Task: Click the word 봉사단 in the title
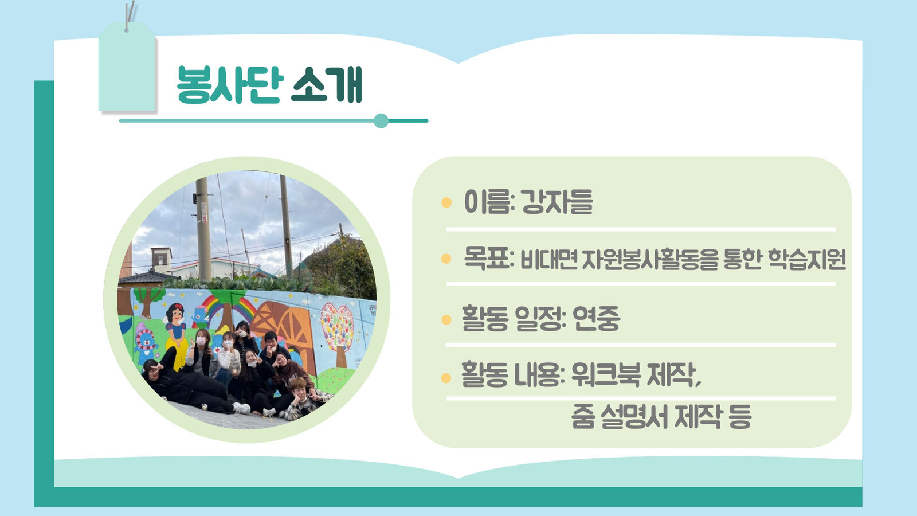(230, 84)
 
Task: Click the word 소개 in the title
(327, 84)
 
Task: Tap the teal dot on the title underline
(381, 121)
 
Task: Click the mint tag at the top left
(127, 67)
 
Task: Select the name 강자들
(557, 202)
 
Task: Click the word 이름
(488, 202)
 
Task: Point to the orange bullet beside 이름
(446, 202)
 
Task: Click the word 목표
(487, 258)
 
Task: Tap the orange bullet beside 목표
(446, 259)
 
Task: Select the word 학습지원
(806, 259)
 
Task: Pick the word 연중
(596, 318)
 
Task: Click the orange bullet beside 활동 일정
(446, 319)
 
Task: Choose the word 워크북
(605, 374)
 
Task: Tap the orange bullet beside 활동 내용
(446, 378)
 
